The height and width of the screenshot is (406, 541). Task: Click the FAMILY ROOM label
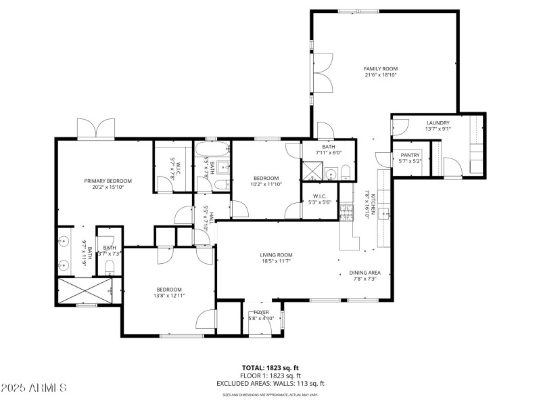pyautogui.click(x=381, y=69)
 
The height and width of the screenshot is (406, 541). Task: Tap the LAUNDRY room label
pyautogui.click(x=438, y=123)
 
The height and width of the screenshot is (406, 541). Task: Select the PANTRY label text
pyautogui.click(x=410, y=155)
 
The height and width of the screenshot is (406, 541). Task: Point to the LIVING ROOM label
pyautogui.click(x=276, y=255)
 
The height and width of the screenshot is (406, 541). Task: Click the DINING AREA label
pyautogui.click(x=362, y=273)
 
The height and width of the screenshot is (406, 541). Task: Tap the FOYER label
pyautogui.click(x=261, y=312)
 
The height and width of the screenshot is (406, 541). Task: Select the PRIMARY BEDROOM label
pyautogui.click(x=108, y=181)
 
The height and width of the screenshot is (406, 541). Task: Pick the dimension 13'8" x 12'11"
pyautogui.click(x=168, y=296)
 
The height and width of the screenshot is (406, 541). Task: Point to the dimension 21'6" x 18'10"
pyautogui.click(x=381, y=76)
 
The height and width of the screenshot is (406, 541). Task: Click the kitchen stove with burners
pyautogui.click(x=346, y=213)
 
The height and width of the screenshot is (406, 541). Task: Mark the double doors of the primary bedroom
pyautogui.click(x=95, y=129)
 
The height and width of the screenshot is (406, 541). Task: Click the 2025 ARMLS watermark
pyautogui.click(x=33, y=388)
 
